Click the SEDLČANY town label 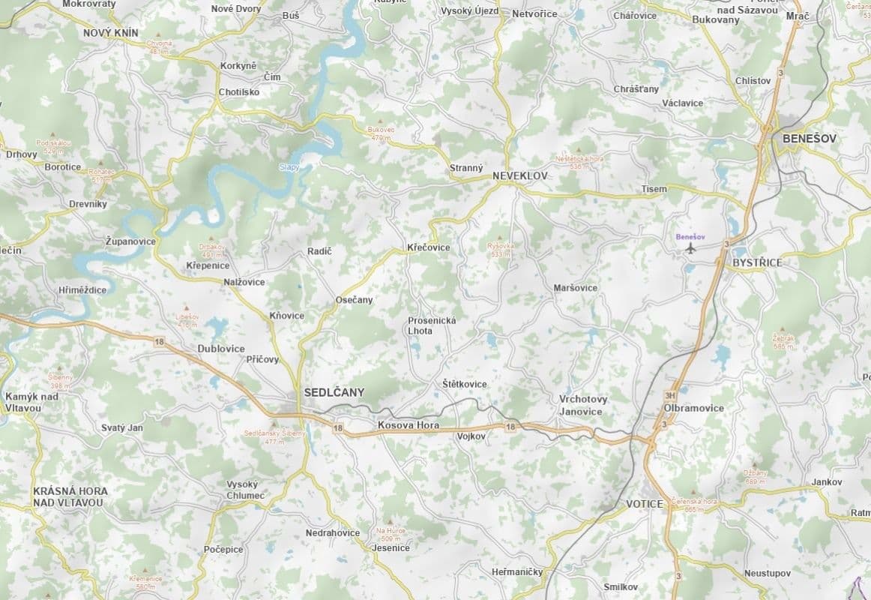(x=334, y=392)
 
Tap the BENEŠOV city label (x=809, y=139)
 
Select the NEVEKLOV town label (x=520, y=175)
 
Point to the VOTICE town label (x=645, y=504)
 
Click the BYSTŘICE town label (x=757, y=262)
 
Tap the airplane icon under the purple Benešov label (x=690, y=248)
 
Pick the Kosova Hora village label (x=409, y=425)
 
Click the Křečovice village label (x=429, y=247)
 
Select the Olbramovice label (x=694, y=408)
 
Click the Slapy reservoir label (x=289, y=167)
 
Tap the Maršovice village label (x=575, y=288)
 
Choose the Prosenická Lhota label (x=432, y=325)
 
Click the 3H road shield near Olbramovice (x=670, y=395)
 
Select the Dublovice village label (x=221, y=349)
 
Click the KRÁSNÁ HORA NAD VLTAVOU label (x=70, y=496)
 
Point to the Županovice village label (x=130, y=241)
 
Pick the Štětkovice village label (x=464, y=384)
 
